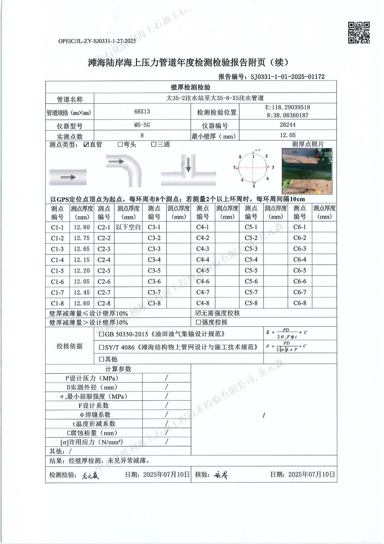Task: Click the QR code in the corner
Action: (359, 33)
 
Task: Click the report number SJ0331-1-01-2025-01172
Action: (287, 76)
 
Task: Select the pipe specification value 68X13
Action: (142, 112)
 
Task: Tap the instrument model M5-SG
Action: (142, 125)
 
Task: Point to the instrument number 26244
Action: (287, 125)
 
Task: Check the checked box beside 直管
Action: (86, 144)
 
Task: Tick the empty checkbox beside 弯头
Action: (120, 144)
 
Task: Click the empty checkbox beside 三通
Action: (154, 144)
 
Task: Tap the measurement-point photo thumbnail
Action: (307, 171)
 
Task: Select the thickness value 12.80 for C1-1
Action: (82, 227)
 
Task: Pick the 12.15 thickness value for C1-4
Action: (82, 260)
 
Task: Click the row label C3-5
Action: (154, 271)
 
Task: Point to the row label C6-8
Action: (300, 303)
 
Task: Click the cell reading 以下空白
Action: (128, 227)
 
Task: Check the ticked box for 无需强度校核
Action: (198, 313)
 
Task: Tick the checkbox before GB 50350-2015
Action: (102, 334)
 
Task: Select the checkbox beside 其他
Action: (102, 359)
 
